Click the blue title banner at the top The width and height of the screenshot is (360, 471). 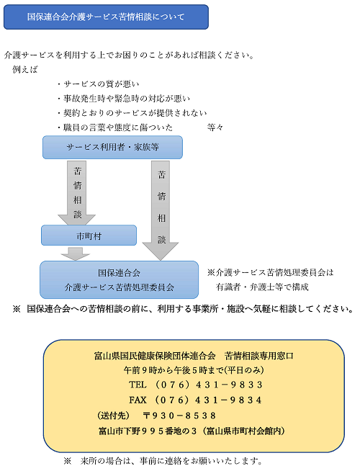[106, 17]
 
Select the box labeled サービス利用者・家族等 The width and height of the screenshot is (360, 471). [112, 147]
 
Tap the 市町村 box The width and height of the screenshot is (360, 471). [89, 235]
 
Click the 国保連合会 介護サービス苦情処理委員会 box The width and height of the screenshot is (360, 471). [120, 279]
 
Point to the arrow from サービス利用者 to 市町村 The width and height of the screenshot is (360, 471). [77, 193]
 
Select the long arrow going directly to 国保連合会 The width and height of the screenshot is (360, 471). [161, 210]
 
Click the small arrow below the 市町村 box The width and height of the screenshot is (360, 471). [76, 254]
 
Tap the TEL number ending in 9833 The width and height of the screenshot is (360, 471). [196, 385]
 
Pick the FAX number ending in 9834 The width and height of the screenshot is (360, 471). [195, 400]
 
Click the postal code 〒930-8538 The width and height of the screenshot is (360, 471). [179, 416]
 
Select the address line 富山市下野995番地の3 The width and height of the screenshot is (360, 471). [148, 431]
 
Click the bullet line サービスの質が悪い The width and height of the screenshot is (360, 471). [98, 84]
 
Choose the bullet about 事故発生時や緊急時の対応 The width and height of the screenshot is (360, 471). [124, 99]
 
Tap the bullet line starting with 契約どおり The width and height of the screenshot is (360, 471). [132, 113]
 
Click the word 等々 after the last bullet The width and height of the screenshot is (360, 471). [215, 127]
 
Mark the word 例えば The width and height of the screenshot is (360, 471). [25, 70]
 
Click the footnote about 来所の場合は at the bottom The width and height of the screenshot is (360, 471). [163, 461]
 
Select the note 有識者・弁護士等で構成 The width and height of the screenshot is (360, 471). [262, 287]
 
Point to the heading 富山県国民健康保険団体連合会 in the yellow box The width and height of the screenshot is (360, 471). [155, 356]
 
